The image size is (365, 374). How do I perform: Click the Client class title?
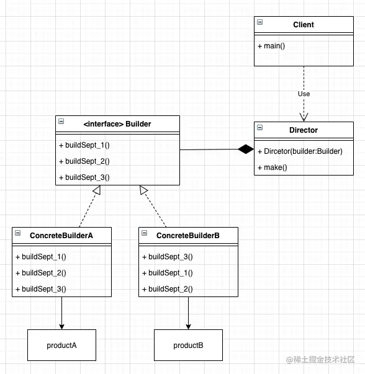pos(304,25)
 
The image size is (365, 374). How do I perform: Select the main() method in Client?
pos(271,46)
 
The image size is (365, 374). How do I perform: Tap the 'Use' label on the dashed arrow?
pos(304,94)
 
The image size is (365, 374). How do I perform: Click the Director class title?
pos(304,130)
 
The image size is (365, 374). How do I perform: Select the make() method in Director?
pos(273,167)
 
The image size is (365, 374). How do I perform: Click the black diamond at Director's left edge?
pos(246,149)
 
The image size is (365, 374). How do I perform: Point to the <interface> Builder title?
pos(117,124)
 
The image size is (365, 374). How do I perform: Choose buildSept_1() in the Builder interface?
pos(84,145)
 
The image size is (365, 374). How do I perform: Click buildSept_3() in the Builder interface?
pos(84,177)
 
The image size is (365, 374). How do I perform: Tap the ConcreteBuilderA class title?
pos(61,236)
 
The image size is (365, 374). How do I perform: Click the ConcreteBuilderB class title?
pos(188,236)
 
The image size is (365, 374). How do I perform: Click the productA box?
pos(61,345)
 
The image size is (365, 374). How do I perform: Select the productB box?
pos(188,345)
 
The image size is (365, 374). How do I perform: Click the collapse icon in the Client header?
pos(259,22)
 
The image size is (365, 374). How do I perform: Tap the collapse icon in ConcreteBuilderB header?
pos(144,233)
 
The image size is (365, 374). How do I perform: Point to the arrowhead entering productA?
pos(61,326)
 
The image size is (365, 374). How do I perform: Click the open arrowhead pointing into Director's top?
pos(304,117)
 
